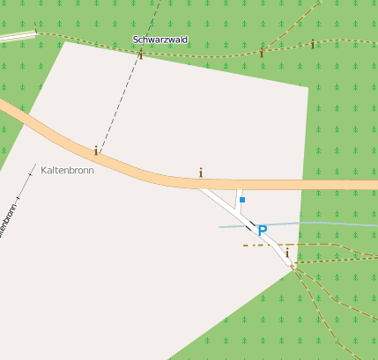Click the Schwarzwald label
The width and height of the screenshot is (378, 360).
click(159, 40)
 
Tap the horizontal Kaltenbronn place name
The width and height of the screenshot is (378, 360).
click(67, 169)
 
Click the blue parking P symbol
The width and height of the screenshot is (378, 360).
click(262, 231)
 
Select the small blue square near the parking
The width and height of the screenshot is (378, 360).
click(242, 200)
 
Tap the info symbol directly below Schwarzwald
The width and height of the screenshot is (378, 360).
click(140, 55)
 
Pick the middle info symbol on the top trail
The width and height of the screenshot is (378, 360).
click(261, 53)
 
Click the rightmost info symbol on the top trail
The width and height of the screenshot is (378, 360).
click(312, 44)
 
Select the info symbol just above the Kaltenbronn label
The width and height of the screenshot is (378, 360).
click(95, 151)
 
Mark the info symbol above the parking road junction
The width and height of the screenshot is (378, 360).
click(201, 173)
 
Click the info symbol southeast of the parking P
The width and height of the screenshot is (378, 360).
click(287, 253)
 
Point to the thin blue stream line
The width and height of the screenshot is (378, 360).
click(335, 224)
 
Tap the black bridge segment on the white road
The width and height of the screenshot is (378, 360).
click(251, 227)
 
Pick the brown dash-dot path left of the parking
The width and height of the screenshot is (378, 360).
click(252, 245)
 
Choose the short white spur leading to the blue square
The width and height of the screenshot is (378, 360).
click(238, 200)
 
